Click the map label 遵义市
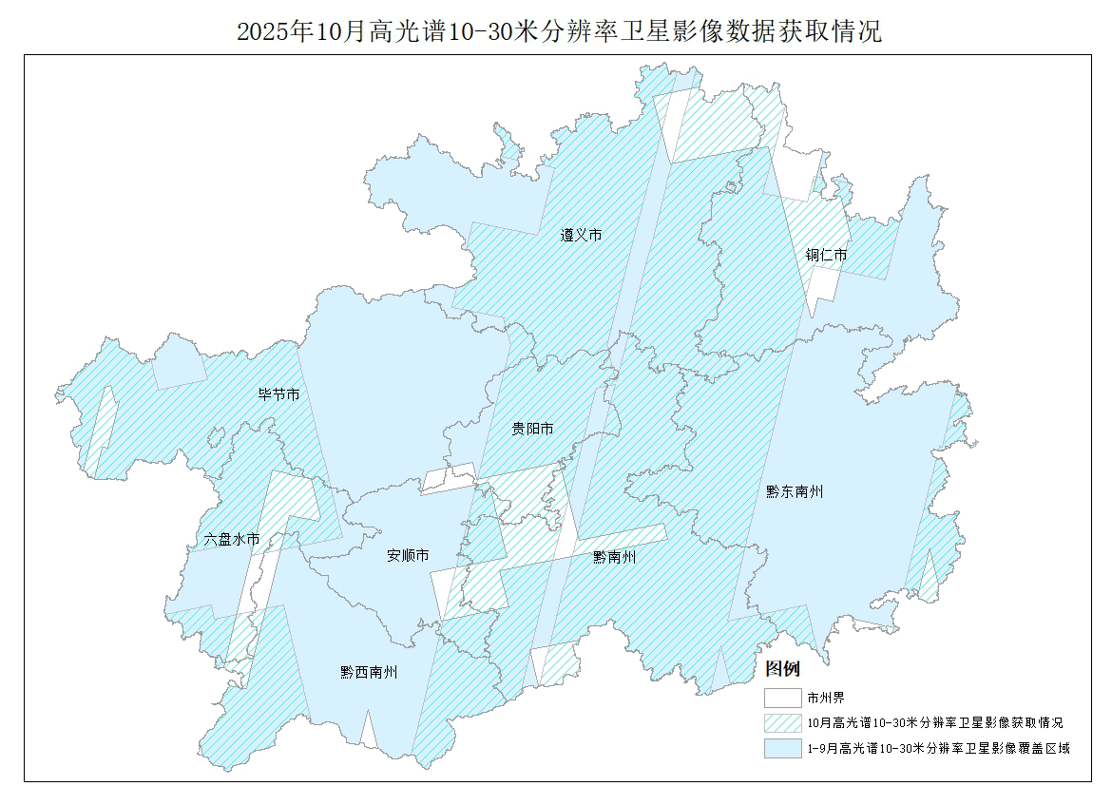coord(581,235)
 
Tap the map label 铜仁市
coord(826,255)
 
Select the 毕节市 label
coord(279,393)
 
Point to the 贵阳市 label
coord(532,430)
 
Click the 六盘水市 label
coord(232,539)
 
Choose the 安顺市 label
coord(408,555)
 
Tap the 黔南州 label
coord(614,556)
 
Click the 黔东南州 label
coord(795,491)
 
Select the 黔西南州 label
coord(369,672)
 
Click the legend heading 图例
coord(783,669)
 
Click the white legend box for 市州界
coord(781,698)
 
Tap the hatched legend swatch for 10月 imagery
coord(781,723)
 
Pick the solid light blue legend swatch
coord(781,749)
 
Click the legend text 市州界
coord(826,698)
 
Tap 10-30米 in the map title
coord(480,31)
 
